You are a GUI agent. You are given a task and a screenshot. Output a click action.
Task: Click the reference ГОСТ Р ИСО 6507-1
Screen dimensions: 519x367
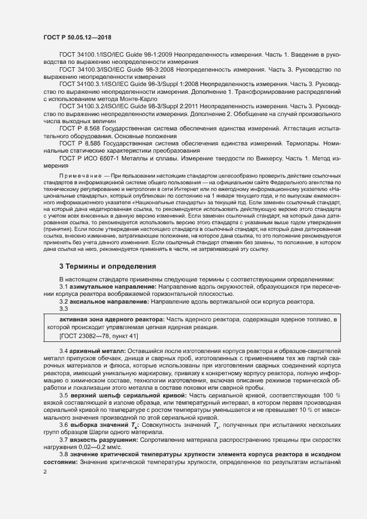point(95,159)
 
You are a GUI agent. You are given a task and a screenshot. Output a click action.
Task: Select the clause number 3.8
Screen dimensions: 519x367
point(64,454)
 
